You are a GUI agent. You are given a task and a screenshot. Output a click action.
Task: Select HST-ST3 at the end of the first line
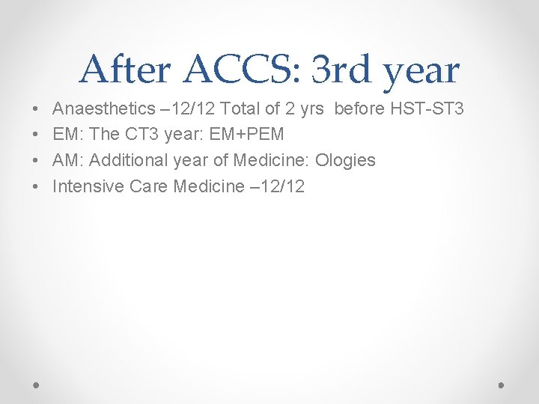coord(427,109)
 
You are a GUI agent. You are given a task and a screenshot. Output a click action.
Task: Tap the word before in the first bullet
coord(358,109)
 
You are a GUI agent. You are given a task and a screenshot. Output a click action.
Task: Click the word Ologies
coord(346,160)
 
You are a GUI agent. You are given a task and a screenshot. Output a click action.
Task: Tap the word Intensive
coord(88,186)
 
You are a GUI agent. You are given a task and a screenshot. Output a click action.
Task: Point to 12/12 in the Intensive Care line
coord(284,186)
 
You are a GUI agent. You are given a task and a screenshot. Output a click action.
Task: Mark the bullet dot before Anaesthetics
coord(37,110)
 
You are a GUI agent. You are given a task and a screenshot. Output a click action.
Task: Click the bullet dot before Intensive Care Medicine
coord(37,186)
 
